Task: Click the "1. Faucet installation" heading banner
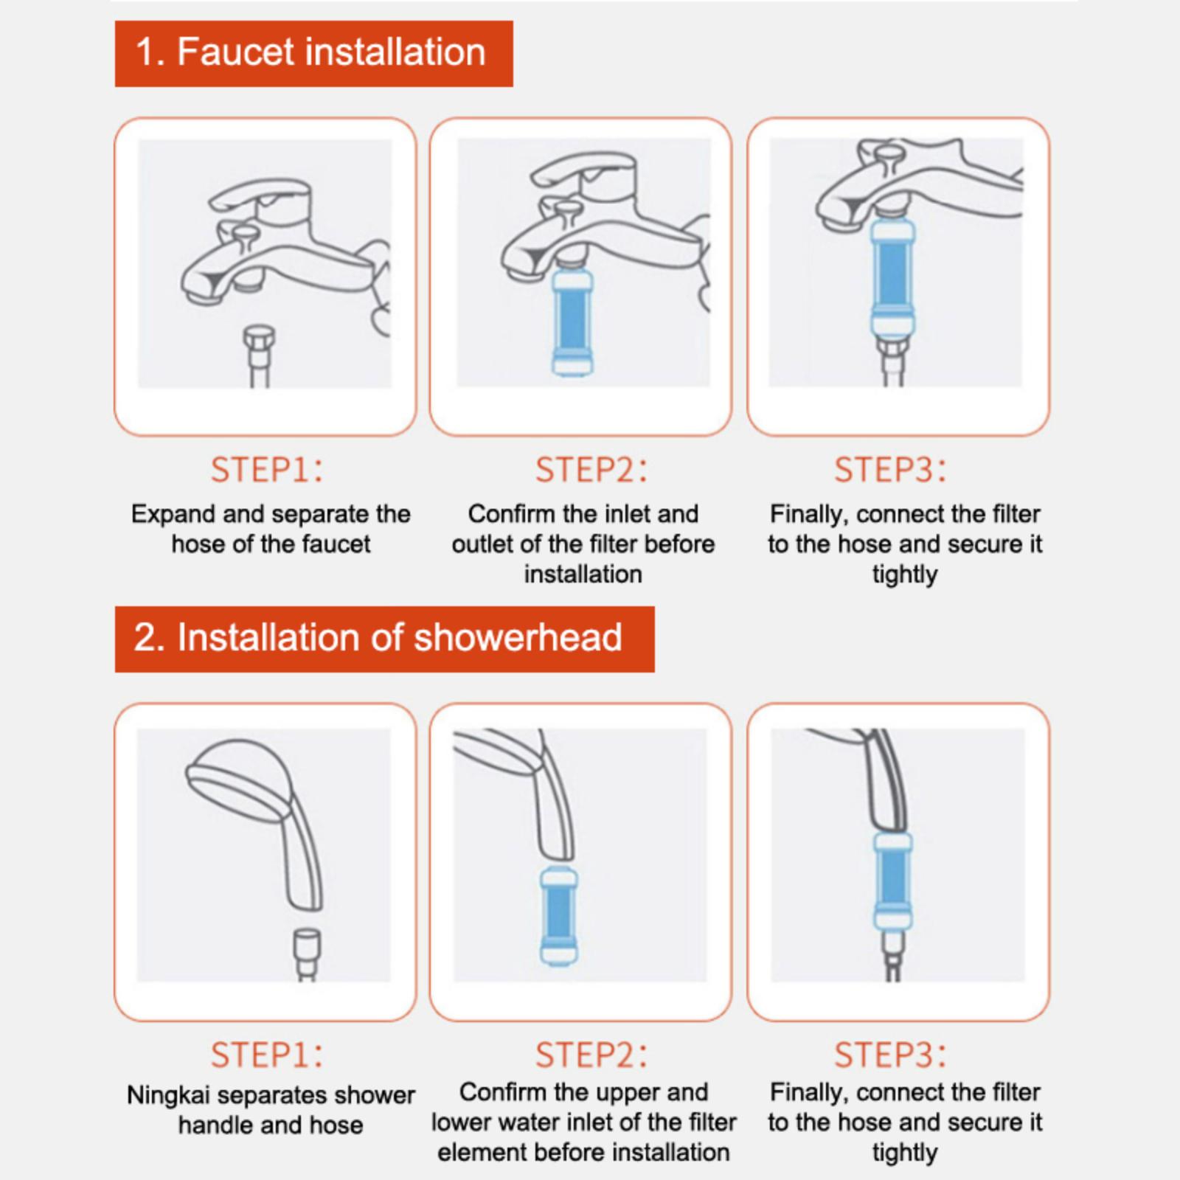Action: click(313, 54)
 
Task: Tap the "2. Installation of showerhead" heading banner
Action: click(384, 639)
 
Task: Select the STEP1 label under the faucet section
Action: click(267, 470)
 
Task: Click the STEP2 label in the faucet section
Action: click(591, 470)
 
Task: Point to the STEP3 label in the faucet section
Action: click(890, 470)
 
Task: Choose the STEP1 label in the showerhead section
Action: click(267, 1055)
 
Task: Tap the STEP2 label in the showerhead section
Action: click(591, 1055)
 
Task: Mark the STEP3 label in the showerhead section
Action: click(890, 1055)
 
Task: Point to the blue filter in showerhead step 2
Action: click(559, 916)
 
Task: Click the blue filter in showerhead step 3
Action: click(893, 881)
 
